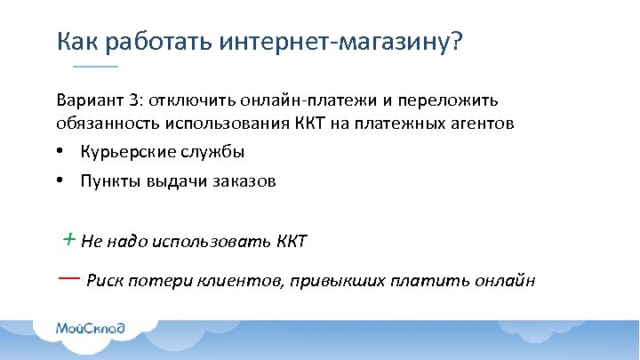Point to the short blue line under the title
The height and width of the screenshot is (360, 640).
point(95,68)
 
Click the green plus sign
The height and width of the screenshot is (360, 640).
point(68,238)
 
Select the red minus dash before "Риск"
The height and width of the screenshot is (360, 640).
point(68,277)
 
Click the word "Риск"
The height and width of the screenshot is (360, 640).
point(103,282)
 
